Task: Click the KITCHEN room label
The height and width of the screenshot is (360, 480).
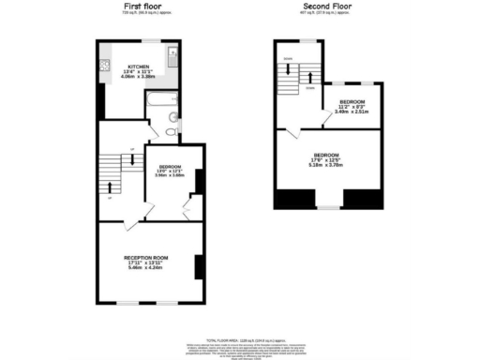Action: [x=139, y=67]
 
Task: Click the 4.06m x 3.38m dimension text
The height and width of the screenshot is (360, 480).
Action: [x=139, y=78]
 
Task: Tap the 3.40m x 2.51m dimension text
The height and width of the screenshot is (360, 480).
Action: [x=352, y=112]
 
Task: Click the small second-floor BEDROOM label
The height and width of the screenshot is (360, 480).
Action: [x=352, y=100]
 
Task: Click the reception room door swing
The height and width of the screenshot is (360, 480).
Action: [x=131, y=223]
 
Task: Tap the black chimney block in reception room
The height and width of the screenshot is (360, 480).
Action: [x=198, y=267]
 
